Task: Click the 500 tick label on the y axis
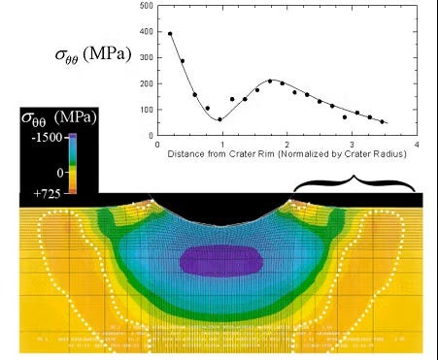(x=146, y=5)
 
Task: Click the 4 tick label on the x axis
(x=416, y=145)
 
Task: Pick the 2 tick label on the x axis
(x=286, y=145)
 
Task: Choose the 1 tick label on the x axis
(x=221, y=145)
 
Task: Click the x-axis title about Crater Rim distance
(x=286, y=154)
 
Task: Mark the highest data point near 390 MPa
(x=170, y=34)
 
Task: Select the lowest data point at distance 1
(x=219, y=119)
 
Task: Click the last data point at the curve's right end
(x=382, y=122)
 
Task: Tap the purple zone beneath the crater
(x=220, y=259)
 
